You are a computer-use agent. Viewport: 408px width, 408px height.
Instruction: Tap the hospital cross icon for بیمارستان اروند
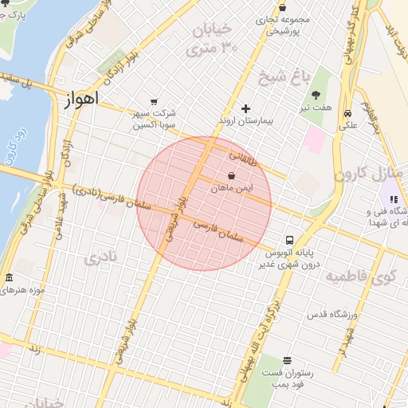[x=245, y=108]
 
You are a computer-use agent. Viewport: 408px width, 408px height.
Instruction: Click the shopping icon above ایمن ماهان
[x=232, y=175]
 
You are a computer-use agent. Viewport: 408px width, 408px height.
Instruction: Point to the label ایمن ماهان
[x=232, y=187]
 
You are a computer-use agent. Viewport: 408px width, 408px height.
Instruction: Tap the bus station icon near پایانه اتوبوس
[x=290, y=239]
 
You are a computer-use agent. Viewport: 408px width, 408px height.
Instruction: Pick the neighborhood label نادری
[x=100, y=257]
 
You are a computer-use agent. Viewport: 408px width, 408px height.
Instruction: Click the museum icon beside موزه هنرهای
[x=9, y=278]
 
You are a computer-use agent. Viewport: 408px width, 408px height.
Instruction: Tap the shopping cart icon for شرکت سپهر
[x=141, y=112]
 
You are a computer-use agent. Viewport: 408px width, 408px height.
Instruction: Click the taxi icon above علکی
[x=348, y=112]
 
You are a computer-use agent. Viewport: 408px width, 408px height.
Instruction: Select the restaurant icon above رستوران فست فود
[x=287, y=360]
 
